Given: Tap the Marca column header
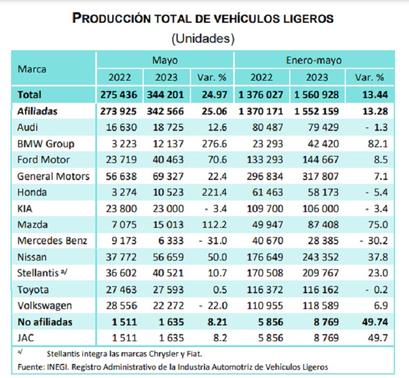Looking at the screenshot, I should pos(32,68).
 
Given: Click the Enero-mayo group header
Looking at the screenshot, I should pos(314,60).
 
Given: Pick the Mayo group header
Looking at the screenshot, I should pos(165,60).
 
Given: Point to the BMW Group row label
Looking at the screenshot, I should pos(45,143).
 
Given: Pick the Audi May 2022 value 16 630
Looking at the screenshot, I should pos(119,127).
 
